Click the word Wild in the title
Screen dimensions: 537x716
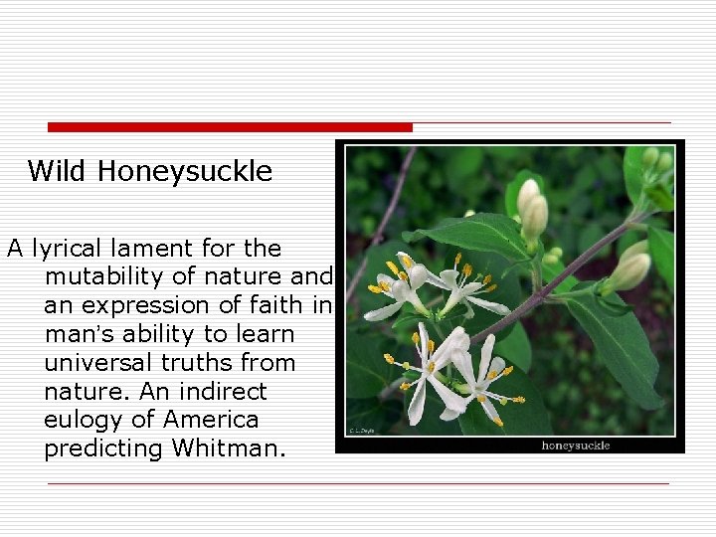59,171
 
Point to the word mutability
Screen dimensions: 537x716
106,276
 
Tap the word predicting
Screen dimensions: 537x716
103,448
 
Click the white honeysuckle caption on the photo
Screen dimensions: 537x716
575,445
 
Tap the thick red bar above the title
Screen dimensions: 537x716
230,127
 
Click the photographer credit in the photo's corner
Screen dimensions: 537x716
359,431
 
